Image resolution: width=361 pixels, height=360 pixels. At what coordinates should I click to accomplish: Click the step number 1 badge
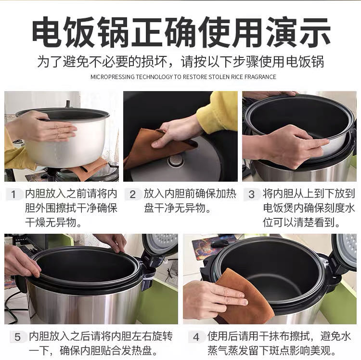pos(13,194)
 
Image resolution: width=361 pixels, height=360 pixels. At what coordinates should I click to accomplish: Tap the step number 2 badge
pos(132,194)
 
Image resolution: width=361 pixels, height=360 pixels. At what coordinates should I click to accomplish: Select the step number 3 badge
pos(251,194)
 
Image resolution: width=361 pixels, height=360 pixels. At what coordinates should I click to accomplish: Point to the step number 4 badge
pos(196,337)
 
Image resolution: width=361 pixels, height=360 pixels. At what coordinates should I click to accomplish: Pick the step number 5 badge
pos(17,337)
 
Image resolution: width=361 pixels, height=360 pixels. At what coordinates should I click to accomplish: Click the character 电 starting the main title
pos(47,32)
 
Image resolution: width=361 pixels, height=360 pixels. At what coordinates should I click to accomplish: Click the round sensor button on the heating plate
pos(176,160)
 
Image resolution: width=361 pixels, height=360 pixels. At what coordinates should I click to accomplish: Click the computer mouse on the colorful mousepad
pos(219,243)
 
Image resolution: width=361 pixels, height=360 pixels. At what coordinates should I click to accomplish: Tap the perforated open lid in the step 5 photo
pos(161,244)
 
